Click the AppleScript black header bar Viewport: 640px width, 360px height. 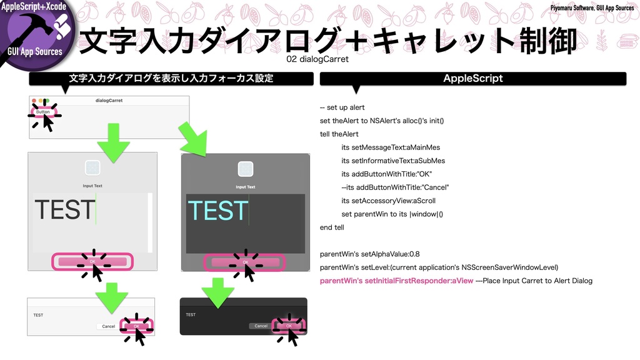[x=472, y=78]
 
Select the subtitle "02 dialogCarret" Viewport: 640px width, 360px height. [x=317, y=59]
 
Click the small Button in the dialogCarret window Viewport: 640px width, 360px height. [x=43, y=112]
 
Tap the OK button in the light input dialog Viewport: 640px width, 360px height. [x=92, y=261]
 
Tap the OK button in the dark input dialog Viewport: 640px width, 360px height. [x=245, y=262]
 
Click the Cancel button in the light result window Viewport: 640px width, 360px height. [x=108, y=326]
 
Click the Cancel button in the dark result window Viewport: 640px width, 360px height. [x=261, y=326]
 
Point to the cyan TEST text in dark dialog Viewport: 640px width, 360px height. [x=217, y=211]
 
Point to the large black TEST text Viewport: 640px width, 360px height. [x=65, y=210]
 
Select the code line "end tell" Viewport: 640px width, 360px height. [x=332, y=227]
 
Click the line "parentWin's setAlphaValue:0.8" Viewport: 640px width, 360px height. [x=369, y=254]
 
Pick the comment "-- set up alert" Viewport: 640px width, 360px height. [x=342, y=107]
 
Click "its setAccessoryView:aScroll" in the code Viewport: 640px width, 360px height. [x=388, y=201]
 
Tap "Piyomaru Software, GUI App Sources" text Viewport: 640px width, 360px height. [x=592, y=7]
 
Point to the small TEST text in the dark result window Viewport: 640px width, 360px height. [x=191, y=314]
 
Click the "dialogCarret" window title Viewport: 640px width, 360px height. [x=109, y=100]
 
